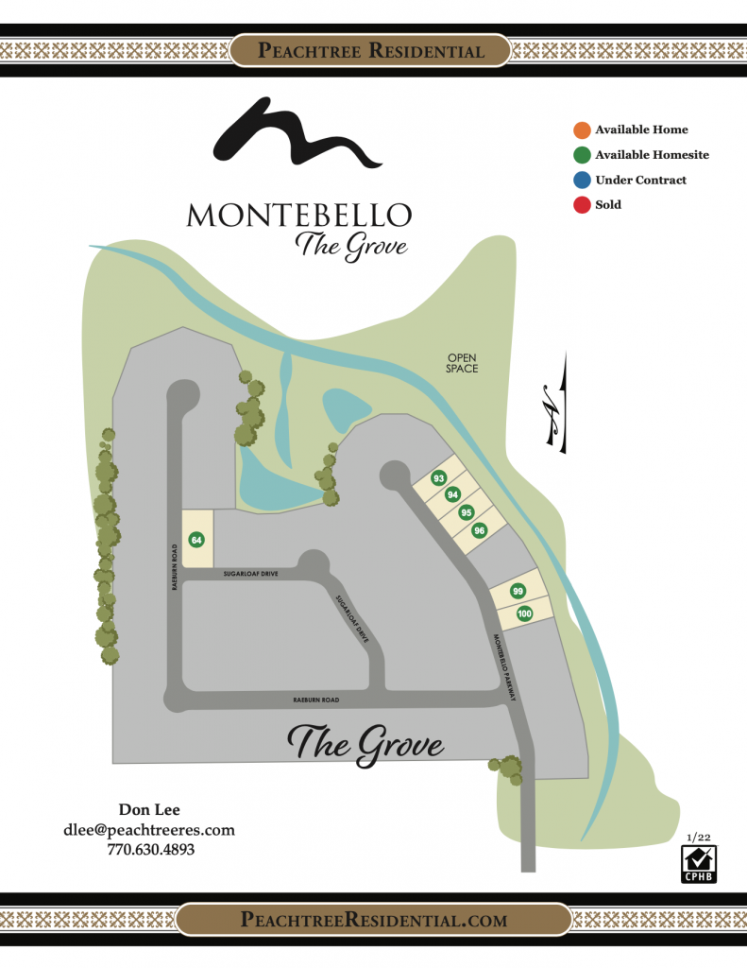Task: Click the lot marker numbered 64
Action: click(196, 540)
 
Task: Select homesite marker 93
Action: click(438, 478)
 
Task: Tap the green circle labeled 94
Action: click(452, 495)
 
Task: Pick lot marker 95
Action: click(466, 512)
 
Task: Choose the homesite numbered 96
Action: click(480, 530)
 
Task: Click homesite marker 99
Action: click(518, 591)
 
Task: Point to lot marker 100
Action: click(524, 614)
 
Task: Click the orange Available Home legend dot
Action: click(582, 130)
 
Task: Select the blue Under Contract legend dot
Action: click(582, 180)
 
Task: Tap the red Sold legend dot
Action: click(582, 204)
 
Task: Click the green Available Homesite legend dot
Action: click(582, 155)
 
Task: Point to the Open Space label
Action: click(463, 363)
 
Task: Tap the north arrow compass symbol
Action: click(553, 402)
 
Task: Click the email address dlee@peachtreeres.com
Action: click(149, 830)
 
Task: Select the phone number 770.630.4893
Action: click(149, 850)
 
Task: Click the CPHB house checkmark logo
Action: click(697, 863)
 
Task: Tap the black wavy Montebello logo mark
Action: click(297, 138)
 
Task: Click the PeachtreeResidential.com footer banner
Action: click(374, 920)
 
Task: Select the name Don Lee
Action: click(149, 809)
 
